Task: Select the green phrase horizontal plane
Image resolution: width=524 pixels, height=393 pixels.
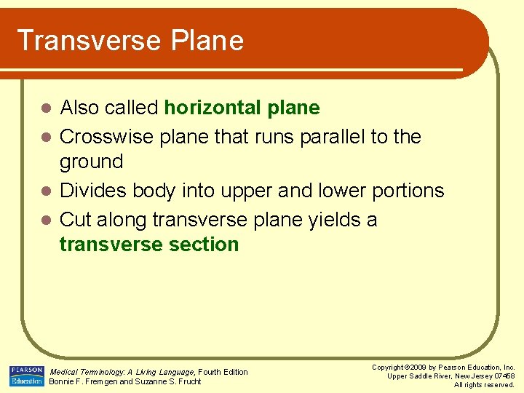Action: point(242,108)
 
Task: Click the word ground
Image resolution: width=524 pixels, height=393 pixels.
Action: point(91,161)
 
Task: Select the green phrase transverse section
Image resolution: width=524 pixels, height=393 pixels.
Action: point(149,245)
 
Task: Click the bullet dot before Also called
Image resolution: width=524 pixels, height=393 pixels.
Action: point(45,109)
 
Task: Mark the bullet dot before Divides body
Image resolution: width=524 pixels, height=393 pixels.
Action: point(45,191)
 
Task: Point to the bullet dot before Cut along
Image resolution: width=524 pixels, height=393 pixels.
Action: point(45,220)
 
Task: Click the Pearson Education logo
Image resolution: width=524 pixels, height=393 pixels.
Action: point(26,376)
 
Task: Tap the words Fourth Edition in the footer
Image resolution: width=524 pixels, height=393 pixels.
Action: point(223,372)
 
